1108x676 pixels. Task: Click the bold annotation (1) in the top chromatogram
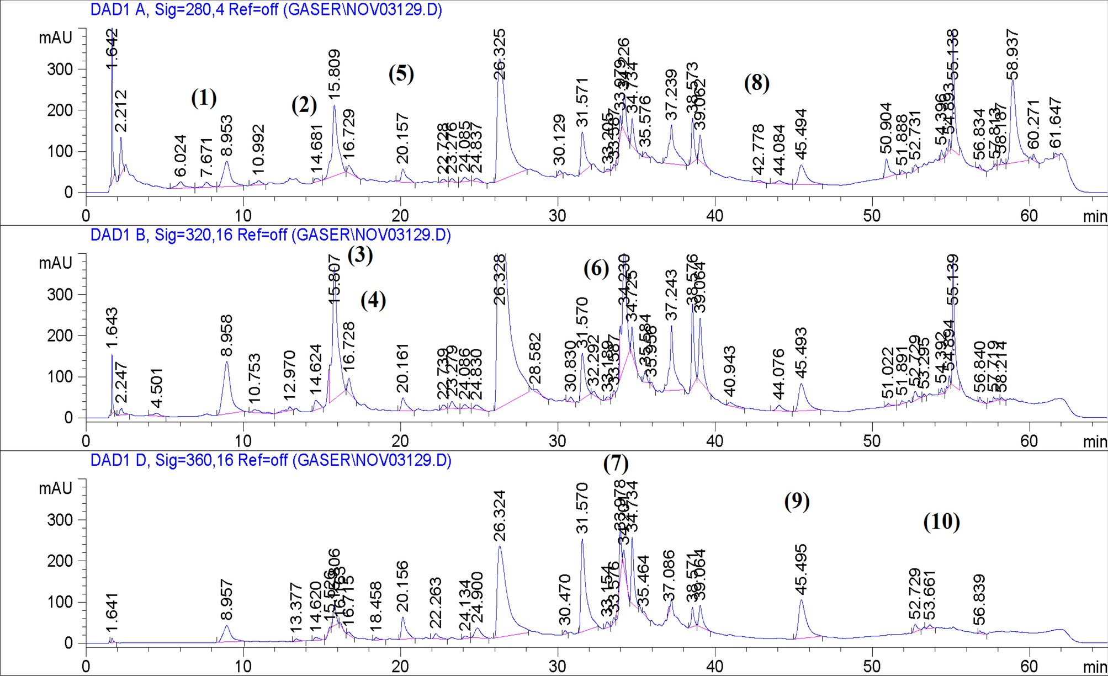[204, 98]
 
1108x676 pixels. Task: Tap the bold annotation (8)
[756, 83]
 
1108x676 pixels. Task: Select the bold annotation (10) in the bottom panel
[941, 521]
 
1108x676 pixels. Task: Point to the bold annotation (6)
[596, 269]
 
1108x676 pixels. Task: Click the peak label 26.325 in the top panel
[500, 54]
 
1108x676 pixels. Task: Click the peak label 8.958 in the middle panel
[226, 335]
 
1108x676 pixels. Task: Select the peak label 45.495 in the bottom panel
[801, 568]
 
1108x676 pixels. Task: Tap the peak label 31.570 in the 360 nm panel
[582, 508]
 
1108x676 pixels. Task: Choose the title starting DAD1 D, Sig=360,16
[271, 461]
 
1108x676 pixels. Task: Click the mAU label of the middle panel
[55, 263]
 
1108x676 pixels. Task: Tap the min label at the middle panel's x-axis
[1094, 441]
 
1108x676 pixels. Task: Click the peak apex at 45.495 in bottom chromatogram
[800, 600]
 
